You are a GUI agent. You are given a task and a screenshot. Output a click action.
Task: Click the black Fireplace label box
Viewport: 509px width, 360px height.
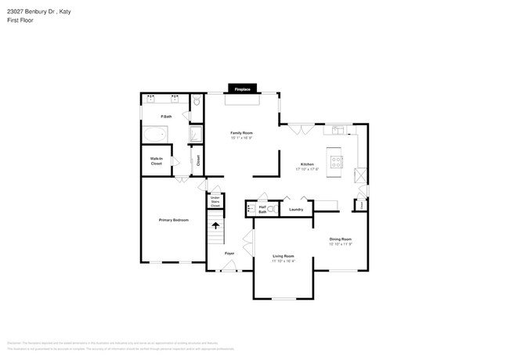242,89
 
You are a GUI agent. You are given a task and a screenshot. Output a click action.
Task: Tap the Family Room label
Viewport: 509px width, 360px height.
241,133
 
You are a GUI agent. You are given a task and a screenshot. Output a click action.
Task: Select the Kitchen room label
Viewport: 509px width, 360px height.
307,164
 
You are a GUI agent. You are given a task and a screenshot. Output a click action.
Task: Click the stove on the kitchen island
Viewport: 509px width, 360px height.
337,162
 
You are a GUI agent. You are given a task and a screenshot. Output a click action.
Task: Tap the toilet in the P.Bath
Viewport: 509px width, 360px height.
197,102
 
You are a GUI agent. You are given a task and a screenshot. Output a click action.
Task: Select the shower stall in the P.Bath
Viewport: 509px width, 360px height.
196,135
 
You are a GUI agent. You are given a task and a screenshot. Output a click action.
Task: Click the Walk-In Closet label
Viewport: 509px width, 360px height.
157,161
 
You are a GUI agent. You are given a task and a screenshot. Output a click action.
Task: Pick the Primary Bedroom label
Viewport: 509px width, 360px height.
174,220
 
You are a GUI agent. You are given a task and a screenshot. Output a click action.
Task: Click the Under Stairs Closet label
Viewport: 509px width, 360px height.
215,201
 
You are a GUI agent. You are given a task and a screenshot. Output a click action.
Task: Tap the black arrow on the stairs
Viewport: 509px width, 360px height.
216,225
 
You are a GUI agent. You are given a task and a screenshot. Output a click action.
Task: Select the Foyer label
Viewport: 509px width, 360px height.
229,254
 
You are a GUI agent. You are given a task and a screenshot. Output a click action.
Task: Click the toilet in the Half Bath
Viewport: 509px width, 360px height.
271,209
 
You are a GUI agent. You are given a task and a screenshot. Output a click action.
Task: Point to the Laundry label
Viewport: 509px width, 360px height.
296,209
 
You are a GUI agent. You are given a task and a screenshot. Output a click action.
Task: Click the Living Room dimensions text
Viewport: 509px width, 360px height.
283,261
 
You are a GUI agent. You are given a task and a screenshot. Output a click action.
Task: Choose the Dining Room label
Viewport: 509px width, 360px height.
340,239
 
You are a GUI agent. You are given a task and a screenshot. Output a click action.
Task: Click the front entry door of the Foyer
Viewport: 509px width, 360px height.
229,267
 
